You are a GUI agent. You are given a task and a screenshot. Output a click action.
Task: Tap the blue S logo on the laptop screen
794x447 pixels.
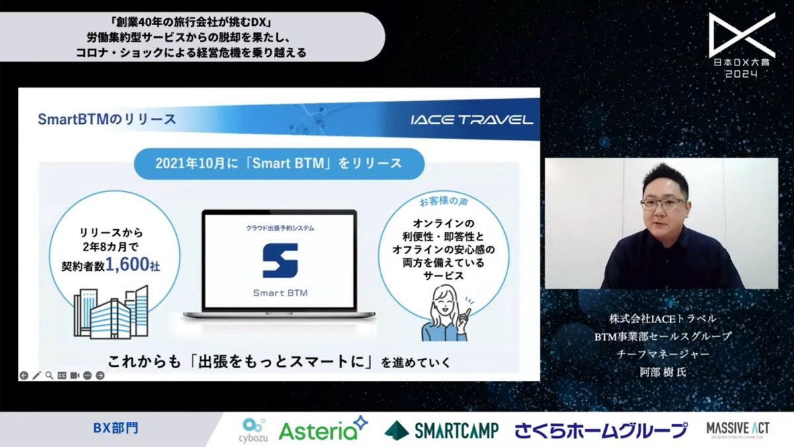coord(280,260)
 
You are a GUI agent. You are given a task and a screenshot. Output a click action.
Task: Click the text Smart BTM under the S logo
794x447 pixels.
coord(280,292)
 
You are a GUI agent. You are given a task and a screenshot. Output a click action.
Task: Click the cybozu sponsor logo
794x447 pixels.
coord(253,429)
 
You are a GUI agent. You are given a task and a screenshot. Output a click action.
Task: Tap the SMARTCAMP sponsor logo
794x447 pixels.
coord(441,430)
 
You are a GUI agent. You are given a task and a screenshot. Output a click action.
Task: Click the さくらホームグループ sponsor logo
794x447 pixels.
coord(601,430)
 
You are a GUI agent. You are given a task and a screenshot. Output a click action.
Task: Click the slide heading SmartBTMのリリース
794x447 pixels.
coord(107,119)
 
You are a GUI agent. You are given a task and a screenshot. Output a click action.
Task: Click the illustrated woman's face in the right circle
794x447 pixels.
coord(445,305)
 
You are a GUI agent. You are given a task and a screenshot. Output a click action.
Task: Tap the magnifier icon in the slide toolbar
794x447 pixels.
coord(49,375)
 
